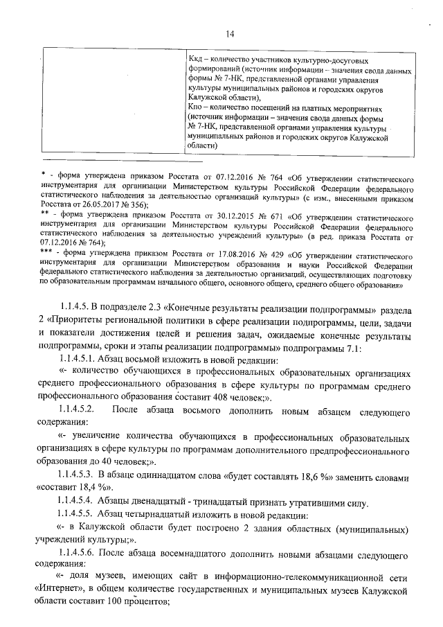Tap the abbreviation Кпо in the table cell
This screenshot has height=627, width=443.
pos(197,109)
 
